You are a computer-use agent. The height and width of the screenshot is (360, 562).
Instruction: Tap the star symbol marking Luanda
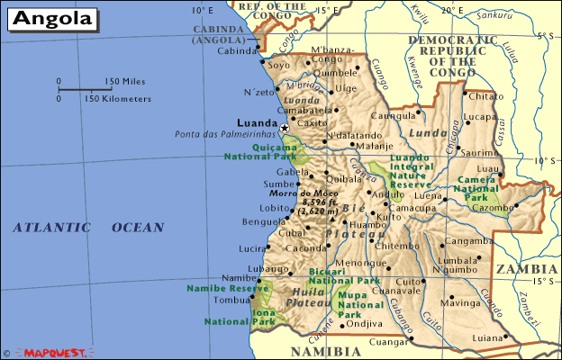point(286,129)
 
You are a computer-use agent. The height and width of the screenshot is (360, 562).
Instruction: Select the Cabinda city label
point(236,51)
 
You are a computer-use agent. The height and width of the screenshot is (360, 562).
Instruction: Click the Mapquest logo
point(56,353)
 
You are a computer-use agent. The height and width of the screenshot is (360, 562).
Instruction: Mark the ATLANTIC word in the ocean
point(53,229)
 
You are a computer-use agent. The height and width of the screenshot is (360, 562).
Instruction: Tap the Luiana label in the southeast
point(487,337)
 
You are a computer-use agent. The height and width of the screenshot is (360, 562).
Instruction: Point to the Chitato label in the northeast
point(487,95)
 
